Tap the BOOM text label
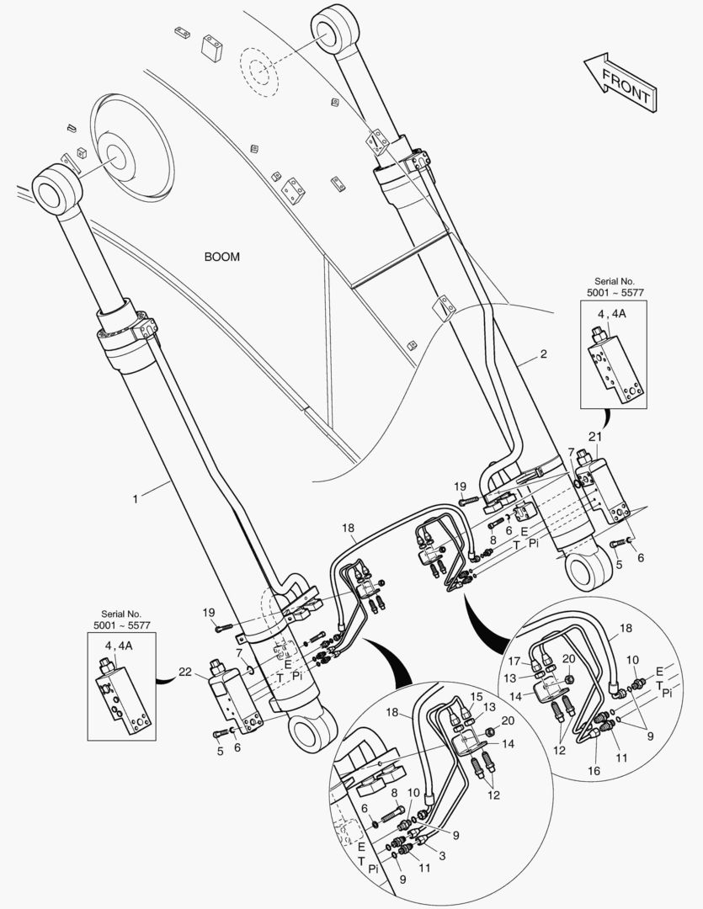(x=221, y=257)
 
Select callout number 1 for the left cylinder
(x=135, y=499)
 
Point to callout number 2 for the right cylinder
(x=543, y=354)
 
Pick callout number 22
(x=186, y=673)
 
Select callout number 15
(x=477, y=696)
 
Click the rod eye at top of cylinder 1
(x=54, y=187)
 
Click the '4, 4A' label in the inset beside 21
(x=613, y=315)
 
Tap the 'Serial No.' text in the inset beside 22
(x=122, y=614)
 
